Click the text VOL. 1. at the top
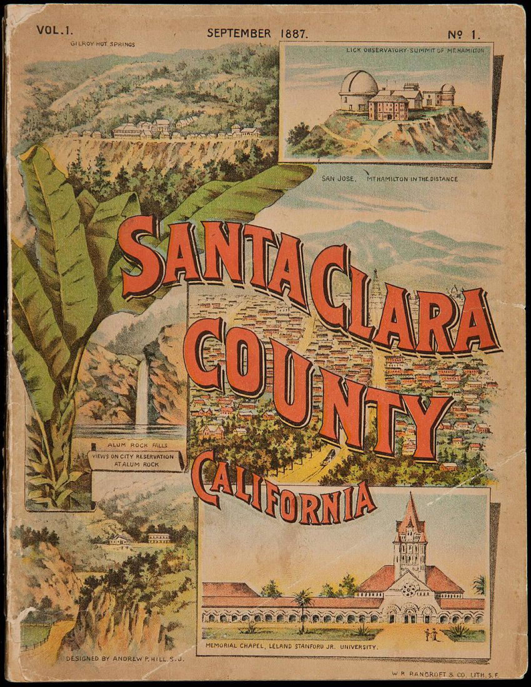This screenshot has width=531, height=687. [54, 30]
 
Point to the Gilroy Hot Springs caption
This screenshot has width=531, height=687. [103, 44]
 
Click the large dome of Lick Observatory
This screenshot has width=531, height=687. [358, 84]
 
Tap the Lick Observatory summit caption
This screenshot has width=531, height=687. [415, 51]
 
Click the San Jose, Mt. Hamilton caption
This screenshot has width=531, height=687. [389, 179]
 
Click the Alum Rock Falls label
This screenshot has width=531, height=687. [127, 446]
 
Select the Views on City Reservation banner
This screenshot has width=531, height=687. [136, 461]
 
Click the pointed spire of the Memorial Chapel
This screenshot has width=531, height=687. [410, 509]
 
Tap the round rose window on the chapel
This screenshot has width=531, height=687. [409, 588]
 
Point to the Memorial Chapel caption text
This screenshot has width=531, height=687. [292, 646]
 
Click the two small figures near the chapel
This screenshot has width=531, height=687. [432, 635]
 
